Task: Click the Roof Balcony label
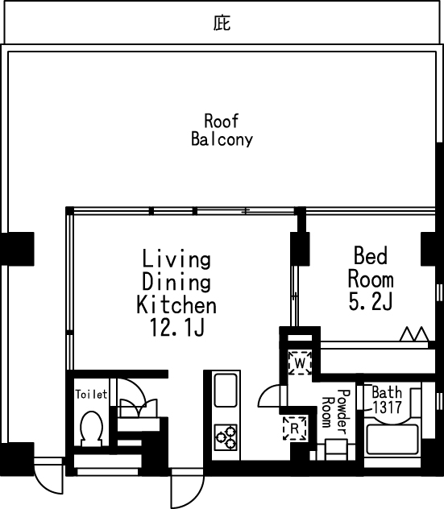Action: pyautogui.click(x=222, y=130)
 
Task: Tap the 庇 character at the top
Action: pyautogui.click(x=222, y=23)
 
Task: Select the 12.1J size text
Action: pyautogui.click(x=177, y=327)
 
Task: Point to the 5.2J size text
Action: pyautogui.click(x=371, y=301)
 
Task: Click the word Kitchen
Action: pyautogui.click(x=176, y=304)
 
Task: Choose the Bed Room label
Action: pyautogui.click(x=371, y=267)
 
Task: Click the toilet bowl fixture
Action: pyautogui.click(x=92, y=428)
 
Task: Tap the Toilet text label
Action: pyautogui.click(x=91, y=395)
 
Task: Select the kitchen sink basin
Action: pyautogui.click(x=226, y=390)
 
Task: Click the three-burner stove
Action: pyautogui.click(x=226, y=437)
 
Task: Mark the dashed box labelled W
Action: pyautogui.click(x=300, y=362)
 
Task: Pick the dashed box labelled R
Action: pyautogui.click(x=295, y=428)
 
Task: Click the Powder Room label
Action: pyautogui.click(x=336, y=412)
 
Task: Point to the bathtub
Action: pyautogui.click(x=392, y=439)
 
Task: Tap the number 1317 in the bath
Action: pyautogui.click(x=387, y=408)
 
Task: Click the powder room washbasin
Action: pyautogui.click(x=336, y=449)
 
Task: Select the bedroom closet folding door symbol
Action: pyautogui.click(x=414, y=333)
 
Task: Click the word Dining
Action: pyautogui.click(x=176, y=282)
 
